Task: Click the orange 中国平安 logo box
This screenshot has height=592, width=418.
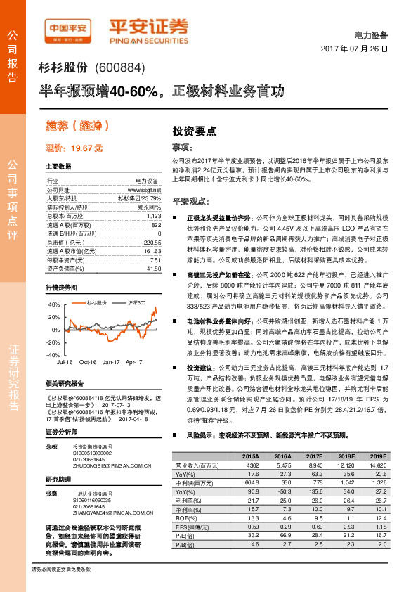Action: pos(67,29)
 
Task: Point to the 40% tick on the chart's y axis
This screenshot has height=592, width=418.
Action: pos(53,305)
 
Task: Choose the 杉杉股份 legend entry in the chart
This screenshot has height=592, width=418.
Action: pos(97,302)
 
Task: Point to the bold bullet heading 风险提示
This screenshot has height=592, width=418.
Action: pos(202,436)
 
